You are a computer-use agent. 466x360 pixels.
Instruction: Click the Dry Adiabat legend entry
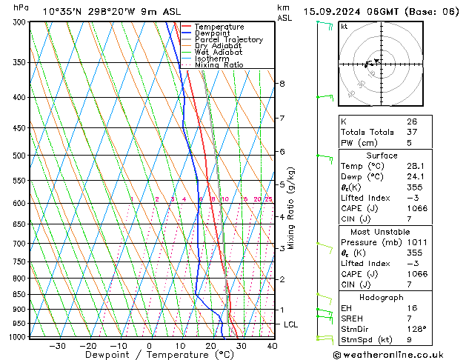coord(216,46)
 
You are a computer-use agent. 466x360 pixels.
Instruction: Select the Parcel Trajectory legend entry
coord(228,39)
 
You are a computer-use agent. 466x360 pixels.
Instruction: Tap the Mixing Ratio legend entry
coord(219,65)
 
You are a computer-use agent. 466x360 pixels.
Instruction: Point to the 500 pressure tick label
coord(20,156)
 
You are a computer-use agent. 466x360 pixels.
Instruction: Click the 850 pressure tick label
coord(20,294)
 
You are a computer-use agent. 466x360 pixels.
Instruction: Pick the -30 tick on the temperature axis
coord(57,346)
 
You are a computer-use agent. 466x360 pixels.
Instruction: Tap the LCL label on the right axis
coord(290,324)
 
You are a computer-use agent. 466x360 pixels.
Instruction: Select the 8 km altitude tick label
coord(282,84)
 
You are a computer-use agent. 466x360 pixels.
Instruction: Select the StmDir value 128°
coord(416,329)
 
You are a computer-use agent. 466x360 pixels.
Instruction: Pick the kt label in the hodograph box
coord(344,26)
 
